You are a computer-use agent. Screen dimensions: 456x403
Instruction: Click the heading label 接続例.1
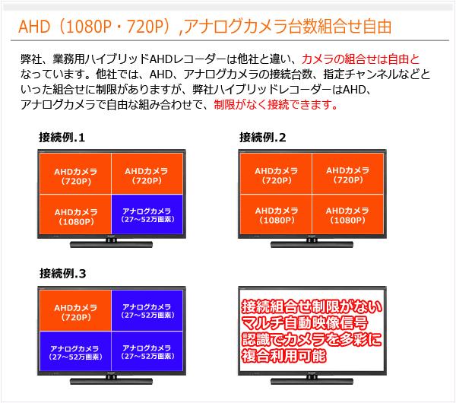[x=62, y=138]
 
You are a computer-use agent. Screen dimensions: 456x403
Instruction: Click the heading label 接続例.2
[x=263, y=138]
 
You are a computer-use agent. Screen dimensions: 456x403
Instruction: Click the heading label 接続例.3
[x=63, y=274]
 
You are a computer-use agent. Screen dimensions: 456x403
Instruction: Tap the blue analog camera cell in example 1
[x=147, y=214]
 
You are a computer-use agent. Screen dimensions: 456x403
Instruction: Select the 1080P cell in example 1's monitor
[x=75, y=214]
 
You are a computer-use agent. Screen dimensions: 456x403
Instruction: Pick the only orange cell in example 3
[x=75, y=310]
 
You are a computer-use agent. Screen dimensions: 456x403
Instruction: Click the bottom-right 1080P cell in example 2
[x=347, y=214]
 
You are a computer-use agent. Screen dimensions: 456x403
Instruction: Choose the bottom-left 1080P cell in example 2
[x=277, y=214]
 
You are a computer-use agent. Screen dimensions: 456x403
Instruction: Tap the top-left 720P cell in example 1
[x=75, y=173]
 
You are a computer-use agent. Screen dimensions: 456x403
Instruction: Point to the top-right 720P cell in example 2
[x=347, y=173]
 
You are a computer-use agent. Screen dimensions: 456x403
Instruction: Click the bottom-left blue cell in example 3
[x=75, y=351]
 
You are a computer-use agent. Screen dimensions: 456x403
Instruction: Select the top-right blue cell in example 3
[x=147, y=310]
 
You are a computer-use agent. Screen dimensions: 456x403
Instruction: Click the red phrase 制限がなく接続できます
[x=276, y=104]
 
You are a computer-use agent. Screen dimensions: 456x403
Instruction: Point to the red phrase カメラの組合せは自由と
[x=360, y=59]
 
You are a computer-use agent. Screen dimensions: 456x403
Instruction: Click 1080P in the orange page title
[x=89, y=27]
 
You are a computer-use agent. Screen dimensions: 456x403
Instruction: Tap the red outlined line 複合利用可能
[x=283, y=356]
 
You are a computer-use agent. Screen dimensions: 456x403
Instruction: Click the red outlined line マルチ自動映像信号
[x=305, y=322]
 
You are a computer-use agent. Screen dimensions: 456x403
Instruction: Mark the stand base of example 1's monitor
[x=112, y=245]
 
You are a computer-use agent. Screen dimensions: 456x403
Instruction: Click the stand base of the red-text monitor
[x=312, y=381]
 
